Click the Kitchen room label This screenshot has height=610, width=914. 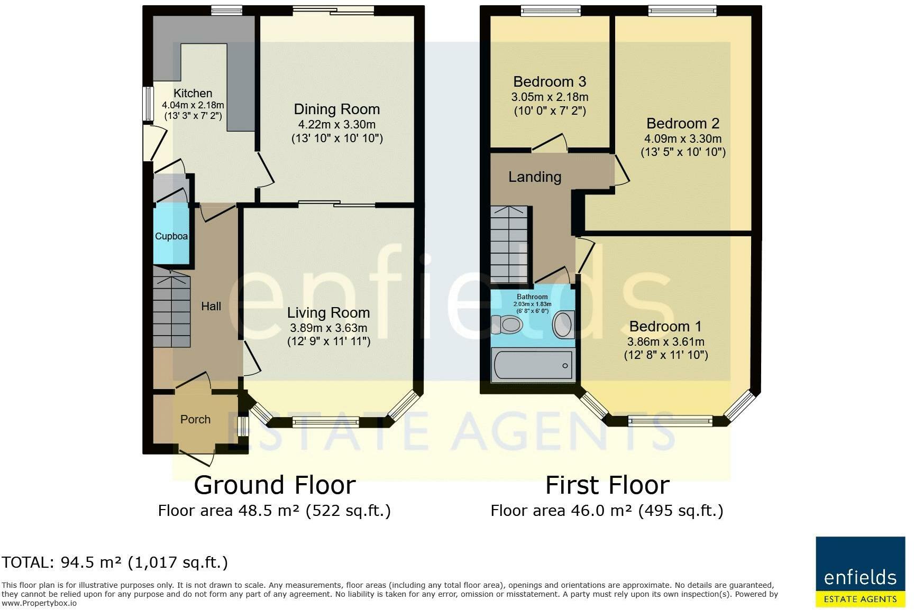(x=193, y=93)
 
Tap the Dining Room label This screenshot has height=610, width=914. (x=337, y=109)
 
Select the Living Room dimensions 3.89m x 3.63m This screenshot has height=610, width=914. (x=328, y=328)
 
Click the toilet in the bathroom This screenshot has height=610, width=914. (x=507, y=324)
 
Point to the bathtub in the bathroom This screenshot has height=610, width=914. (x=533, y=365)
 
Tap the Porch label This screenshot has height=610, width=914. (x=195, y=419)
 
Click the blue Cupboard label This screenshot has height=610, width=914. (x=171, y=236)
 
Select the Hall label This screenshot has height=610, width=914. (x=211, y=306)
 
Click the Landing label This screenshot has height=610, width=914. (x=535, y=177)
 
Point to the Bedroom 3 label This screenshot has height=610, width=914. (x=550, y=82)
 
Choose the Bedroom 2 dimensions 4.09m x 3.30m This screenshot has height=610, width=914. (x=683, y=139)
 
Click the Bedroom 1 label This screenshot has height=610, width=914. (x=666, y=326)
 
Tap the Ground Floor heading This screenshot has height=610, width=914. (x=275, y=485)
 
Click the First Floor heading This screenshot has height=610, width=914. (x=607, y=485)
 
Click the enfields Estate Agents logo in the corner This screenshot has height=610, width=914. (x=861, y=572)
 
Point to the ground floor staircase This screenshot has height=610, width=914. (x=172, y=307)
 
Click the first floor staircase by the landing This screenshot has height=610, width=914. (x=509, y=245)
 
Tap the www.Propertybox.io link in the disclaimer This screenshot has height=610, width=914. (x=39, y=603)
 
